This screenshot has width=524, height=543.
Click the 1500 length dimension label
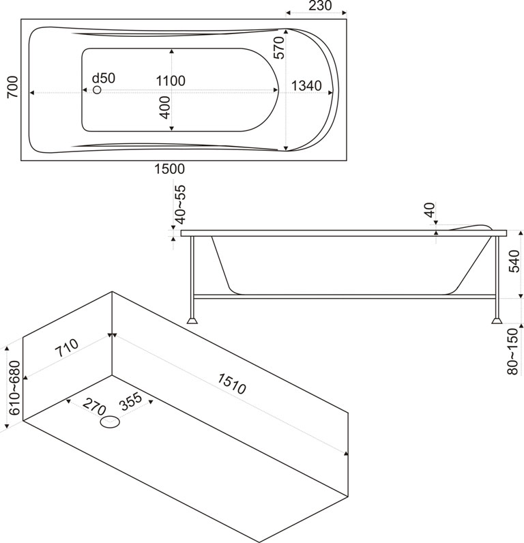(x=170, y=169)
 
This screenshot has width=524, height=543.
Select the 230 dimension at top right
(x=317, y=6)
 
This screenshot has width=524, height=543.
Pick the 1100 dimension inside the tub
(x=170, y=81)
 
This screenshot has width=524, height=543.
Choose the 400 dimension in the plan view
(x=164, y=107)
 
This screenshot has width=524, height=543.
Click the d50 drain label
(x=104, y=78)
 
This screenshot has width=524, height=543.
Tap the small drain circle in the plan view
(x=97, y=90)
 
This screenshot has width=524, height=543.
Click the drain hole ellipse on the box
(x=110, y=424)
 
